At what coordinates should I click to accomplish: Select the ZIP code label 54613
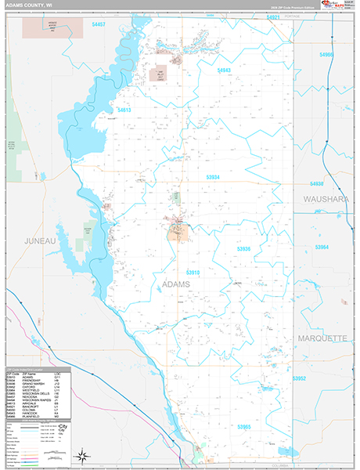[x=125, y=110]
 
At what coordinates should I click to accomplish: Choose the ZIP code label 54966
[x=326, y=55]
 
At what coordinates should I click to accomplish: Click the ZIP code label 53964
[x=322, y=247]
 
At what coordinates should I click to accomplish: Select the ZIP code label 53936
[x=243, y=248]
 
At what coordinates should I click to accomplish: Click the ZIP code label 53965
[x=244, y=427]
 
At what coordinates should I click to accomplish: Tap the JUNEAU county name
[x=40, y=240]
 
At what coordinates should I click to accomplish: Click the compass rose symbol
[x=81, y=455]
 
